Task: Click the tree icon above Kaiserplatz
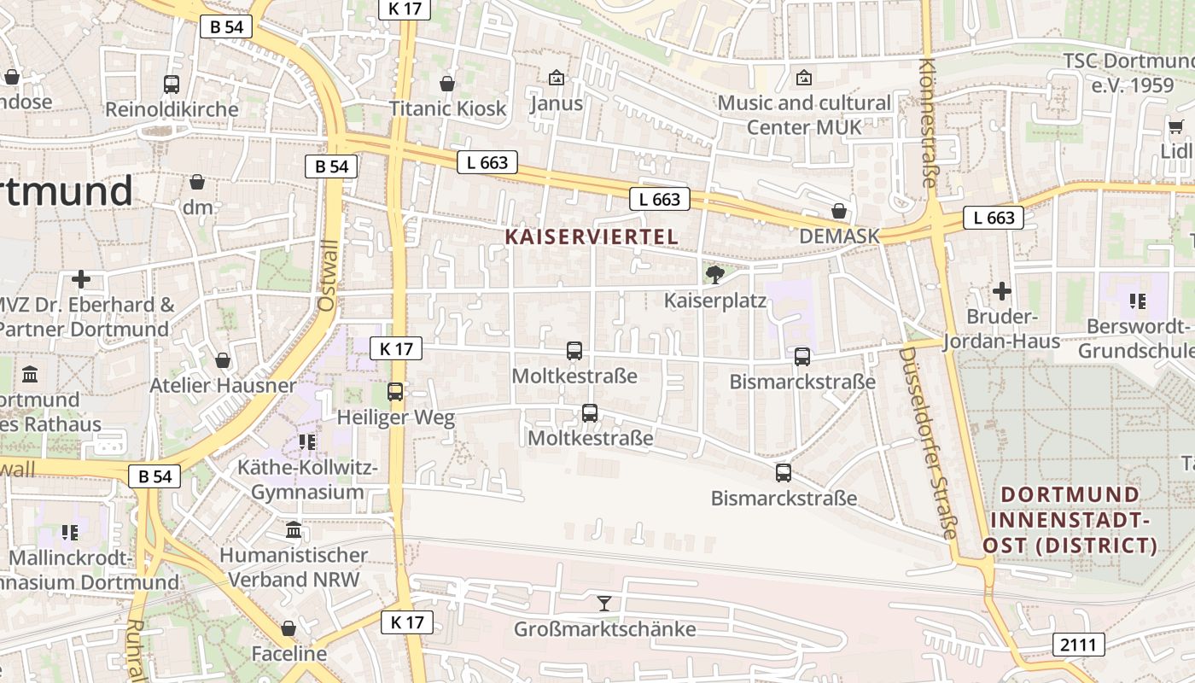coord(715,274)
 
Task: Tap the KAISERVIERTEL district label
coord(592,236)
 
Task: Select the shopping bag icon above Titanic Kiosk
coord(446,84)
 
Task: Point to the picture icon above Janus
coord(557,79)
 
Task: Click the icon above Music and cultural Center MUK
coord(803,79)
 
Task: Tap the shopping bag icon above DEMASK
coord(839,211)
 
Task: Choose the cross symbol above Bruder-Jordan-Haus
coord(1001,291)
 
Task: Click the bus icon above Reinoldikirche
coord(172,85)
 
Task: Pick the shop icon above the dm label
coord(197,182)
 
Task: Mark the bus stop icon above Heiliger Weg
coord(395,392)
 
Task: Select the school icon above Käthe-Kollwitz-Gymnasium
coord(307,442)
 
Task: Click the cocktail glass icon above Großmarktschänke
coord(604,604)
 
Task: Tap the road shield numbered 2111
coord(1078,645)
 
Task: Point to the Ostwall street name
coord(328,275)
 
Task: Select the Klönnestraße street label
coord(929,123)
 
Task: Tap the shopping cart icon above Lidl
coord(1175,127)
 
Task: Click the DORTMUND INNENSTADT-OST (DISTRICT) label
coord(1070,520)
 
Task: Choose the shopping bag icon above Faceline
coord(289,628)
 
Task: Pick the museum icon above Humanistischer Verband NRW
coord(294,530)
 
